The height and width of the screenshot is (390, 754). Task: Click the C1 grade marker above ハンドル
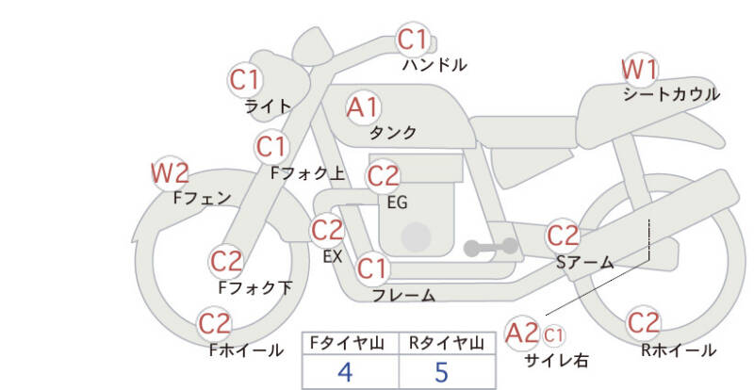pyautogui.click(x=413, y=40)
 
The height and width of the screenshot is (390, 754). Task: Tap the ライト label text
pyautogui.click(x=268, y=106)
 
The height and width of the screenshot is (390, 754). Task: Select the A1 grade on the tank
pyautogui.click(x=363, y=107)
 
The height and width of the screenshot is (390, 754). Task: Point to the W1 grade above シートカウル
pyautogui.click(x=639, y=70)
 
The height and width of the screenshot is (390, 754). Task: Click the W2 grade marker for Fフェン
pyautogui.click(x=170, y=173)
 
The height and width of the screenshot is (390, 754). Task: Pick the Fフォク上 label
pyautogui.click(x=308, y=173)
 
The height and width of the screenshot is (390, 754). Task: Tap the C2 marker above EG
pyautogui.click(x=383, y=176)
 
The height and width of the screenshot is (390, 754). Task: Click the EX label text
pyautogui.click(x=333, y=257)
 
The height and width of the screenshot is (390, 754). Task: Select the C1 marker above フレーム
pyautogui.click(x=372, y=268)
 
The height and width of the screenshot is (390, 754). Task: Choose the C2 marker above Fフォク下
pyautogui.click(x=226, y=262)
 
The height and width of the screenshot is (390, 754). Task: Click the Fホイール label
pyautogui.click(x=246, y=350)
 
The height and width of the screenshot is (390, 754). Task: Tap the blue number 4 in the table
pyautogui.click(x=345, y=372)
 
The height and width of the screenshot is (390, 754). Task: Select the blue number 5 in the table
pyautogui.click(x=441, y=372)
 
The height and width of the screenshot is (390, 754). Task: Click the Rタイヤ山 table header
pyautogui.click(x=447, y=343)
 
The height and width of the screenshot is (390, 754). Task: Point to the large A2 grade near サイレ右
pyautogui.click(x=522, y=333)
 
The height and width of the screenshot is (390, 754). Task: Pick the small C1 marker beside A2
pyautogui.click(x=553, y=335)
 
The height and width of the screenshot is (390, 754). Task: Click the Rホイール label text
pyautogui.click(x=679, y=350)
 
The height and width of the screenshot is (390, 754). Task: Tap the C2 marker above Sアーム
pyautogui.click(x=563, y=236)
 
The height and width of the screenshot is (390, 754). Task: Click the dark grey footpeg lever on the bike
pyautogui.click(x=491, y=247)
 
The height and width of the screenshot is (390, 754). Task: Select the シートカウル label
pyautogui.click(x=671, y=94)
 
